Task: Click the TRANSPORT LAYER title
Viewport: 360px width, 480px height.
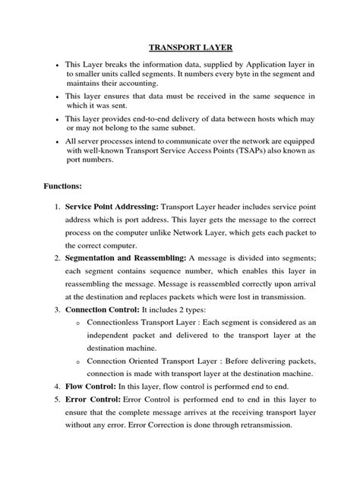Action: coord(179,46)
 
